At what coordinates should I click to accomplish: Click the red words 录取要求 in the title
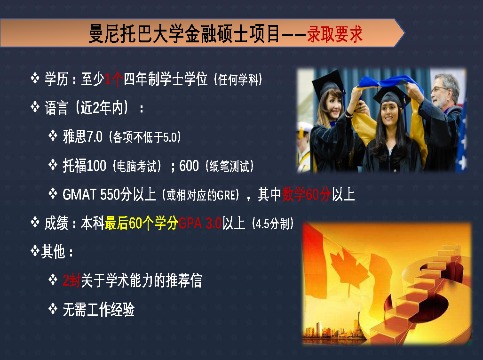click(335, 33)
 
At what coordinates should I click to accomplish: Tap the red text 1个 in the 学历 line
click(114, 79)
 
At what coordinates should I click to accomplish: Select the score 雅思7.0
click(83, 136)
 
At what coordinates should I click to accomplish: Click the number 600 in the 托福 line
click(189, 166)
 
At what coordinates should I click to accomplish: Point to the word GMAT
click(79, 194)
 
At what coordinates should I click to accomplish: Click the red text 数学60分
click(307, 194)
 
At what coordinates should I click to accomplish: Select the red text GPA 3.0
click(200, 223)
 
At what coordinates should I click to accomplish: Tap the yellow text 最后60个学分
click(142, 223)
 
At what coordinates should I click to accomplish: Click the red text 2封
click(71, 280)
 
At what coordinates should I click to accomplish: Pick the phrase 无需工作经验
click(99, 309)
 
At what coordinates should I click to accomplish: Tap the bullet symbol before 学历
click(35, 78)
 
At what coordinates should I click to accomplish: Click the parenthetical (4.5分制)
click(273, 224)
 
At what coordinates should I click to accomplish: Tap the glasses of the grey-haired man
click(439, 89)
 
